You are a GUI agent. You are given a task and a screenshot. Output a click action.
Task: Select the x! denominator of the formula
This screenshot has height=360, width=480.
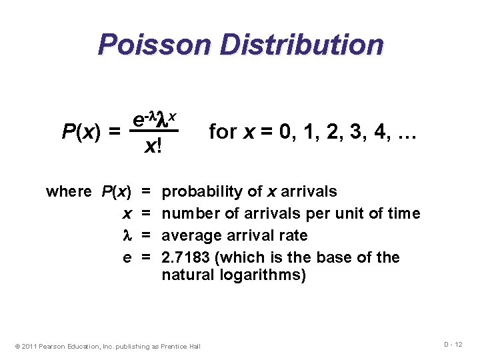(x=153, y=148)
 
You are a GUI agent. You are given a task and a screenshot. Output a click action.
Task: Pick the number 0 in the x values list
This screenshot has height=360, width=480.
(x=285, y=132)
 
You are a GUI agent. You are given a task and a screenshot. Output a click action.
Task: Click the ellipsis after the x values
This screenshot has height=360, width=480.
(x=405, y=133)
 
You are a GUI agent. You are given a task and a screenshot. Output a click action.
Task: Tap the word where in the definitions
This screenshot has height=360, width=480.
(x=69, y=192)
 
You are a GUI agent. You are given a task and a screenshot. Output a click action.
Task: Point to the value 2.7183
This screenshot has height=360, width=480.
(x=184, y=257)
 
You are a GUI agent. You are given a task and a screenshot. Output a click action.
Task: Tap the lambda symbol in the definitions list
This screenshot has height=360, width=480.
(x=127, y=235)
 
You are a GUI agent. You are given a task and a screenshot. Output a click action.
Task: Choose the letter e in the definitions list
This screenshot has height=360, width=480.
(x=127, y=258)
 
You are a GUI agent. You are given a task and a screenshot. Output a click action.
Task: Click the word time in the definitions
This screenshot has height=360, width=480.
(x=404, y=213)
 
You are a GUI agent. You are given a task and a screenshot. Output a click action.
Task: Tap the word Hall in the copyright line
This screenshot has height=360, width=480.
(x=194, y=346)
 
